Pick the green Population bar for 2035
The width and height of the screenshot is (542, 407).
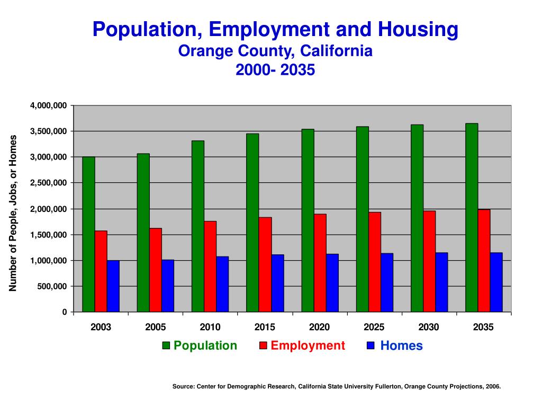(x=472, y=217)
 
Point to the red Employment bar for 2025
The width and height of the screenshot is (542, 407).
(x=375, y=262)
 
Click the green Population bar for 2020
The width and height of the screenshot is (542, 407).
(x=308, y=220)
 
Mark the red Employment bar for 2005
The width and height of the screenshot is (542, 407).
(x=156, y=270)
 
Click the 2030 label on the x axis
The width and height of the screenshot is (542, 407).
(x=429, y=327)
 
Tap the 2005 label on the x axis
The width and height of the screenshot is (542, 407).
(x=156, y=327)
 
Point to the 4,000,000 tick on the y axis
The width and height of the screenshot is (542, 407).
(x=49, y=105)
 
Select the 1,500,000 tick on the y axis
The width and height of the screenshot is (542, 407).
(x=49, y=235)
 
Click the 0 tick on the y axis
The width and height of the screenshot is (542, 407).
(x=65, y=312)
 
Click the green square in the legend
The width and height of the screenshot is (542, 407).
(x=166, y=346)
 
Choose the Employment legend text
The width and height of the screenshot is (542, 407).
(x=308, y=346)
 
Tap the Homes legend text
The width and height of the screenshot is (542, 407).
(x=401, y=346)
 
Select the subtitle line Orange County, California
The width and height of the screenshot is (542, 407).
(x=275, y=51)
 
